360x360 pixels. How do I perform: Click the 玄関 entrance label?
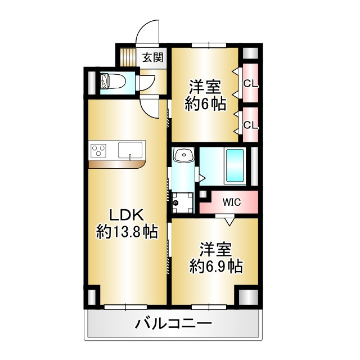152,57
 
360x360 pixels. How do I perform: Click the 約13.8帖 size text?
127,231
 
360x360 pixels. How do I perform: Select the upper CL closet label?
250,84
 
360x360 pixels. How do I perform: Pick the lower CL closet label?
250,125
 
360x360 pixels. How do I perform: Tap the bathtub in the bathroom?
234,165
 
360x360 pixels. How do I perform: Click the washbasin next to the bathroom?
183,156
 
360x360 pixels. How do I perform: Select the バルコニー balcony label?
173,324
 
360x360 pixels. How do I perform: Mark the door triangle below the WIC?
228,221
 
